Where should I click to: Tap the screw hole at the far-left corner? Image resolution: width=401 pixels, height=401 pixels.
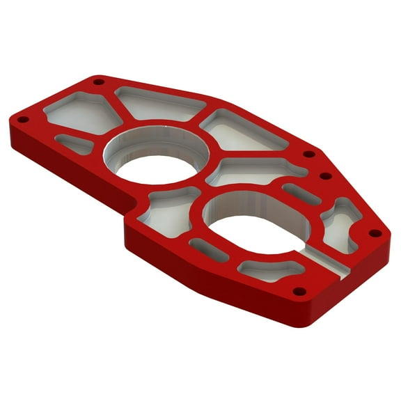click(x=22, y=119)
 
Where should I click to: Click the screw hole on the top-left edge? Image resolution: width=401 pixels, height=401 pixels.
click(x=98, y=81)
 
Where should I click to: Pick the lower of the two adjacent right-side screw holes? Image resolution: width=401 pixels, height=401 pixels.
click(x=325, y=178)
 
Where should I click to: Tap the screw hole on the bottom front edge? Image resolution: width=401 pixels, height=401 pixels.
click(x=299, y=290)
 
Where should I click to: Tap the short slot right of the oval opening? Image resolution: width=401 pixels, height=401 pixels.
click(x=301, y=193)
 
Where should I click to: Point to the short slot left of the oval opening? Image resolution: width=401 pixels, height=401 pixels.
click(x=209, y=249)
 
